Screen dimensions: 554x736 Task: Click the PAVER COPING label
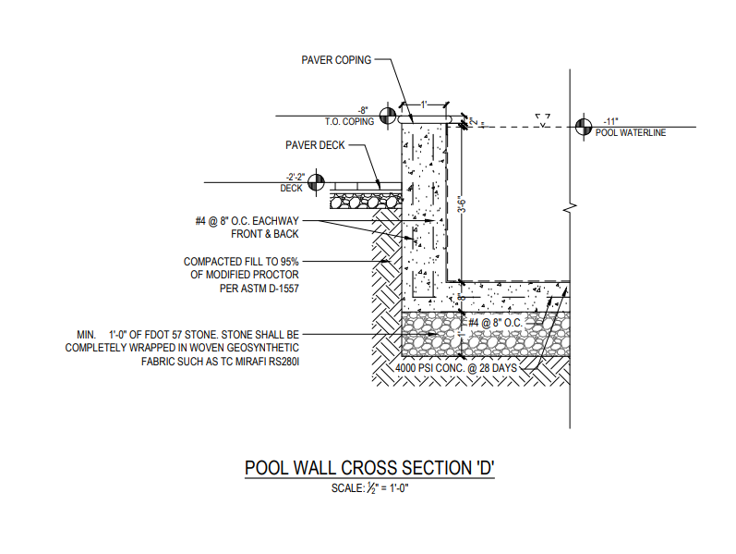(x=336, y=60)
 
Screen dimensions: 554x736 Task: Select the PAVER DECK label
(x=316, y=145)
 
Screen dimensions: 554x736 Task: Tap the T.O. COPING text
(x=349, y=122)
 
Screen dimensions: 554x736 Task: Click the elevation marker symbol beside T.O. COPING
(x=388, y=115)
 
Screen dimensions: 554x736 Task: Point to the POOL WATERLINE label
(x=631, y=133)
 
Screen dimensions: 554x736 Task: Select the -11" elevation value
(x=609, y=121)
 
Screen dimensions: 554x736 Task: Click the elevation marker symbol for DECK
(x=316, y=182)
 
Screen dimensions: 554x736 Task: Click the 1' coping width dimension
(x=424, y=104)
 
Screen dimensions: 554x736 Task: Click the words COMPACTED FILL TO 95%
(x=242, y=262)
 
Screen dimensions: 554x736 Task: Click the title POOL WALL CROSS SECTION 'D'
(x=369, y=468)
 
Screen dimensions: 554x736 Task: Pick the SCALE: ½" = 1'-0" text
(x=369, y=487)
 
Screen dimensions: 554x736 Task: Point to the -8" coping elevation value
(x=363, y=111)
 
